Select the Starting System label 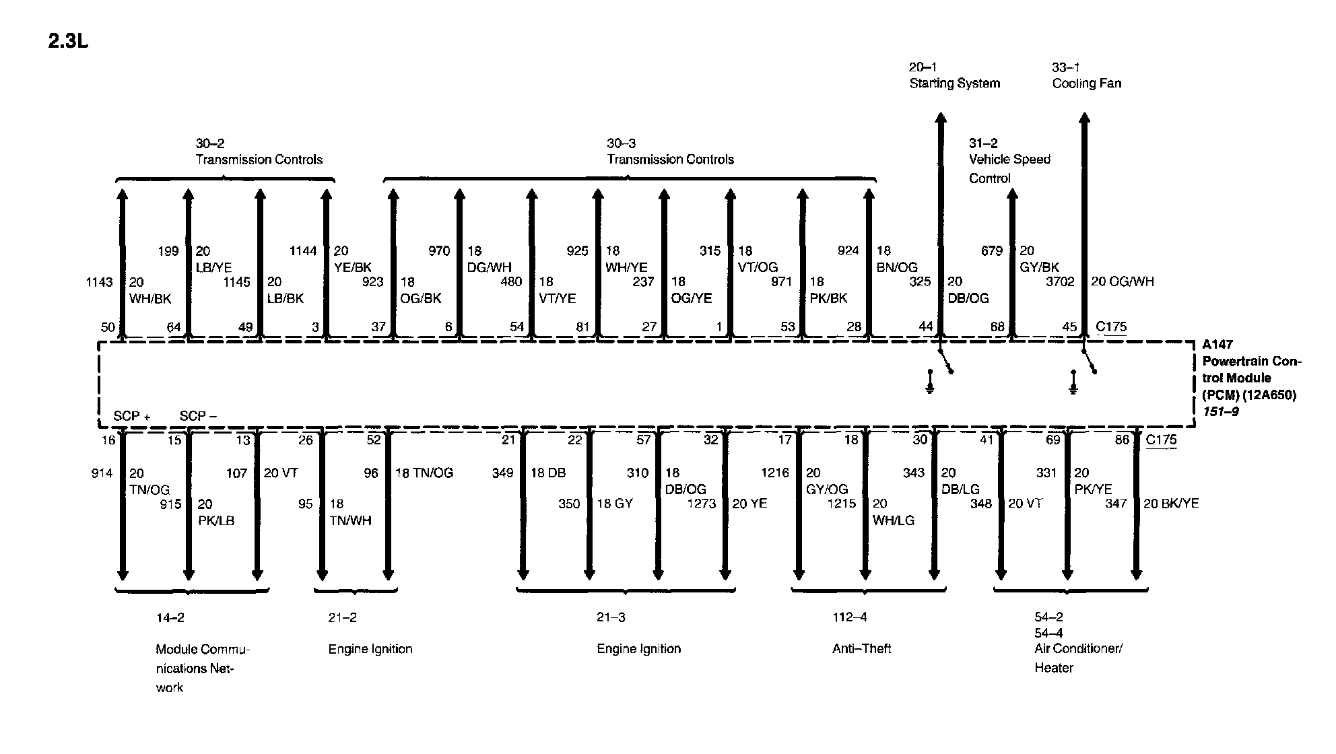coord(954,83)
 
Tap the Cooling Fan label coord(1086,83)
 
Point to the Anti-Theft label coord(861,648)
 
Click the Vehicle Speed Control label coord(1009,168)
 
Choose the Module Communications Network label coord(202,668)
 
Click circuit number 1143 coord(99,282)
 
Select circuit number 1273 coord(701,504)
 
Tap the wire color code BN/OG coord(896,267)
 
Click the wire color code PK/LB coord(216,520)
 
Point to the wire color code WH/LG coord(893,520)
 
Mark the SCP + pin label coord(131,416)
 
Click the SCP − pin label coord(198,416)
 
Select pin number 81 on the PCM coord(582,327)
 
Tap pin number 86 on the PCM coord(1122,440)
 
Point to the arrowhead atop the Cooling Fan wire coord(1084,119)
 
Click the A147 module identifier coord(1217,345)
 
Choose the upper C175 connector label coord(1111,327)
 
